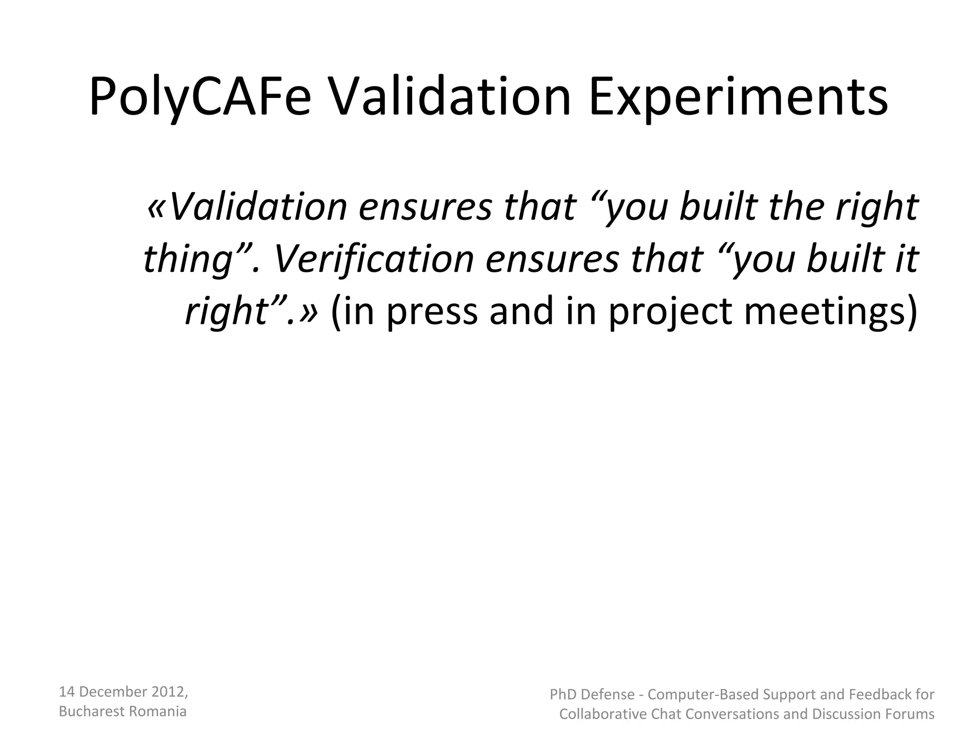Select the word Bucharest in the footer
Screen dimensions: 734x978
[86, 712]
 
